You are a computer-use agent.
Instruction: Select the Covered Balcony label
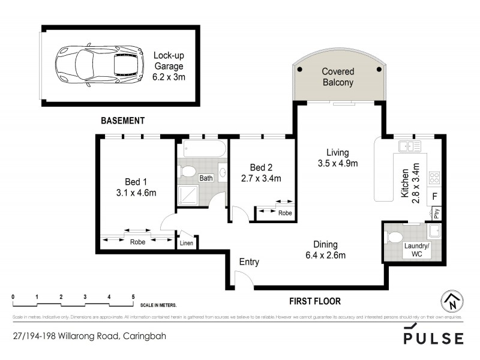pos(338,76)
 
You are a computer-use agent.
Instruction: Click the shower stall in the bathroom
pos(190,195)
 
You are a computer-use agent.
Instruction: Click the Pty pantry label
pos(436,212)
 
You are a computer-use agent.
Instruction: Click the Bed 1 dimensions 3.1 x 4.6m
pos(136,193)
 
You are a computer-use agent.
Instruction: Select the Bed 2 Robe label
pos(284,212)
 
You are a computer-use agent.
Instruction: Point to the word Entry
pos(249,262)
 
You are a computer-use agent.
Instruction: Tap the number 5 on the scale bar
pos(133,297)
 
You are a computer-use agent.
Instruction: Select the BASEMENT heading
pos(122,121)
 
